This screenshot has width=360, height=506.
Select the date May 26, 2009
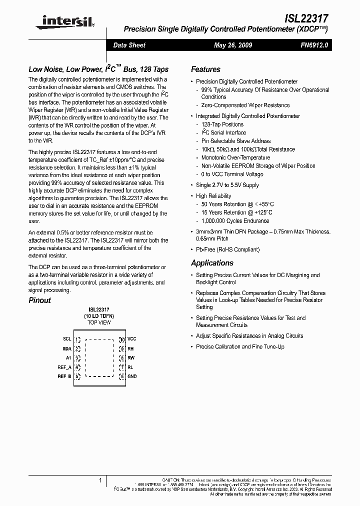click(232, 45)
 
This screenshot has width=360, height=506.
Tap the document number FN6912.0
click(314, 45)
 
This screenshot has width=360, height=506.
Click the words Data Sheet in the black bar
click(129, 45)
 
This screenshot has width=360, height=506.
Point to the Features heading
click(205, 69)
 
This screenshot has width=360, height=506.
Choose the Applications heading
click(212, 263)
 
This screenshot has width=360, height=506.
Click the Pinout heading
click(39, 300)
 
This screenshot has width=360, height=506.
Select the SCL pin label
click(67, 339)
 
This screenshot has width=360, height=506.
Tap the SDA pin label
click(67, 348)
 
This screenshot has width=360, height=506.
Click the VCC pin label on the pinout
click(132, 339)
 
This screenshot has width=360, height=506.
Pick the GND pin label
click(132, 376)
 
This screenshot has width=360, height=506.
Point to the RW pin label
click(131, 357)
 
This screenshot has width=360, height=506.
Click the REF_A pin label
click(65, 367)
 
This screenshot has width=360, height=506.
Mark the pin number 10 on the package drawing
click(121, 339)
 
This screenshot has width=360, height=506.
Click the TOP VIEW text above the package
click(99, 323)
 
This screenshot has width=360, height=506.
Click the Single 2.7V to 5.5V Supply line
click(227, 185)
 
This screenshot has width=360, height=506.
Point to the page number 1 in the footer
click(100, 480)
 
